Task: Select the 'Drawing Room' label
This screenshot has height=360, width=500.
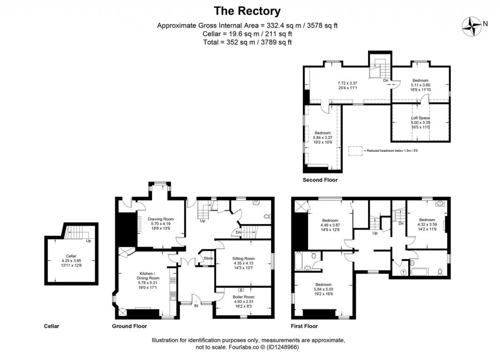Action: (x=161, y=220)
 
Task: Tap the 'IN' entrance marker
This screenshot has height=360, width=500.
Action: (x=195, y=306)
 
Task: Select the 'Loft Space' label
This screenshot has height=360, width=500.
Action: (x=420, y=118)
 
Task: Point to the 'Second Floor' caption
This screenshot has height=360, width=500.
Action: (x=320, y=180)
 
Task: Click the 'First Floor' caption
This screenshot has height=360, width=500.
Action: (x=304, y=326)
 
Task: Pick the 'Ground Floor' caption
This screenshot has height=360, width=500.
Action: (x=130, y=326)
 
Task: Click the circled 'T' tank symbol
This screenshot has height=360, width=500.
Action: (x=403, y=271)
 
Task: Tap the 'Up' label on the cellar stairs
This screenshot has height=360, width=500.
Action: (x=88, y=240)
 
